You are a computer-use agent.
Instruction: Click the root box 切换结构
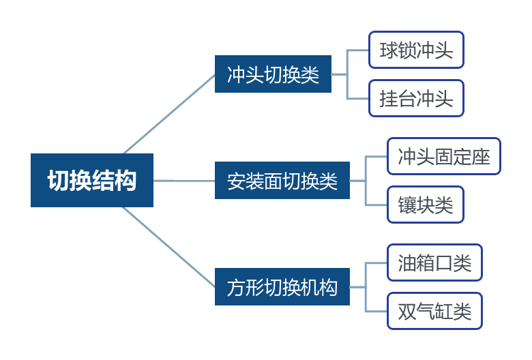92,181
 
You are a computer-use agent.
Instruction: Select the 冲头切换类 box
273,74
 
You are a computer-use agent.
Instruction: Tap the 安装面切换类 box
282,181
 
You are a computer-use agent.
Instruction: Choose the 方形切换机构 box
282,287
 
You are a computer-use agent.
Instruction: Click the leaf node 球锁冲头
416,50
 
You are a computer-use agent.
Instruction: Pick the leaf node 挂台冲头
416,99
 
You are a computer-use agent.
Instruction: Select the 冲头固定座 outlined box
444,156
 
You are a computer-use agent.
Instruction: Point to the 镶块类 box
426,205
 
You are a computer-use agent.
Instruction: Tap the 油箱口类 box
434,262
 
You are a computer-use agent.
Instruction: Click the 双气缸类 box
434,312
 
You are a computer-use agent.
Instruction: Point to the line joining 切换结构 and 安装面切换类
184,181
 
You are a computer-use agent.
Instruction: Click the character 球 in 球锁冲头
389,50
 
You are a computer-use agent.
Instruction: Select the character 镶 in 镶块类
407,205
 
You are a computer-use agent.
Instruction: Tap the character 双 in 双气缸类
407,312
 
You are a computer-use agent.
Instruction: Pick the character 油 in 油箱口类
407,262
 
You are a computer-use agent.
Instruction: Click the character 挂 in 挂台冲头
389,99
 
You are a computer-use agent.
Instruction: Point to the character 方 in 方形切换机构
236,287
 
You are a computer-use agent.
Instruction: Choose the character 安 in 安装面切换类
236,181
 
